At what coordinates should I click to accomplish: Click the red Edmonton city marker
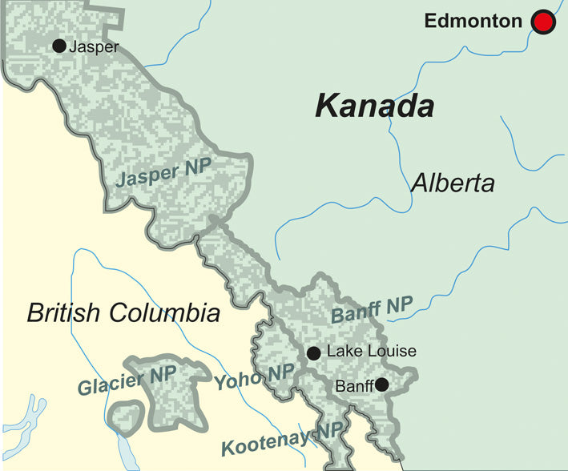(543, 22)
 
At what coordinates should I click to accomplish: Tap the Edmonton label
(473, 22)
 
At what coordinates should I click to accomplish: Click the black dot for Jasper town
(58, 46)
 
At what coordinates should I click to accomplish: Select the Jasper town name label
(94, 46)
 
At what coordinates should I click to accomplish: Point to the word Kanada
(374, 106)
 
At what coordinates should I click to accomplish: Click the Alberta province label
(453, 183)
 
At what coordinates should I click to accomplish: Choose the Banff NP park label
(371, 311)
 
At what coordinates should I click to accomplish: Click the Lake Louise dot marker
(314, 352)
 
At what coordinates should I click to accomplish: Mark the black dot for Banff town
(382, 385)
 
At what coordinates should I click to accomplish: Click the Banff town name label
(354, 386)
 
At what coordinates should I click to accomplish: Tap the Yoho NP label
(254, 376)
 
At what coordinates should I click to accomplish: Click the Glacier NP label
(117, 381)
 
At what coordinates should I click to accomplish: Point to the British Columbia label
(123, 312)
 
